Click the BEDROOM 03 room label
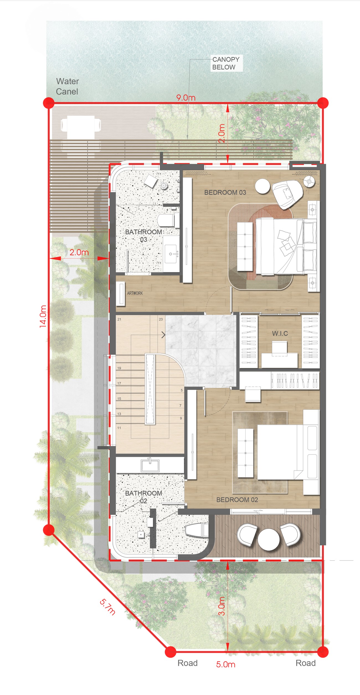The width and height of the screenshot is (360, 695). [225, 192]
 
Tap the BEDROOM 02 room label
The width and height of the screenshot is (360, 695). [237, 500]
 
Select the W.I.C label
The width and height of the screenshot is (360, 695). [280, 333]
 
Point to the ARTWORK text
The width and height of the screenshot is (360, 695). [135, 293]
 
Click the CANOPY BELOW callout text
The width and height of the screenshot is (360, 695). [226, 63]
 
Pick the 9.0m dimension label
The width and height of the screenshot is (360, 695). [186, 98]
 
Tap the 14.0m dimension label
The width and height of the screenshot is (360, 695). [43, 316]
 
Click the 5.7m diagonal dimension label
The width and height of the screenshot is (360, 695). [107, 607]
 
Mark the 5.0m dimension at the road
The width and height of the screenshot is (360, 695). [226, 664]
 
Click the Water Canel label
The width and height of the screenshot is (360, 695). [67, 86]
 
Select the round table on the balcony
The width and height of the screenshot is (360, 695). [269, 539]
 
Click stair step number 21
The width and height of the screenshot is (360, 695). [119, 319]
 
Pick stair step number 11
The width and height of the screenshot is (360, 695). [119, 428]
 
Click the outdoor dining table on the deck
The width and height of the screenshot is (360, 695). [81, 125]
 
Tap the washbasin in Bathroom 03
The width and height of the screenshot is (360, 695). [171, 254]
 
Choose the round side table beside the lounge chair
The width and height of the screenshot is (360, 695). [262, 186]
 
